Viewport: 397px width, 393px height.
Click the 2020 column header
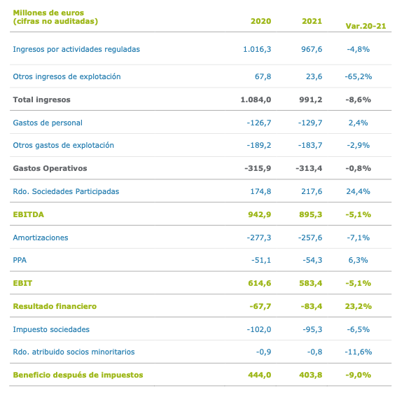coord(260,21)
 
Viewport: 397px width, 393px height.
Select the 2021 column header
coord(312,21)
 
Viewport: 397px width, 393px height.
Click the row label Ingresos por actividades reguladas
coord(76,49)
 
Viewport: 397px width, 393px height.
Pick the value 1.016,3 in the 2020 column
coord(256,49)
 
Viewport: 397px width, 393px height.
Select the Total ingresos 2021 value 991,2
coord(309,99)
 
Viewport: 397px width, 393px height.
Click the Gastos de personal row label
coord(48,123)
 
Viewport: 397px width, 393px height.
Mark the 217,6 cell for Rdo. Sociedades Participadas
coord(309,191)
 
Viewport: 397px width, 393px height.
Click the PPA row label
coord(20,260)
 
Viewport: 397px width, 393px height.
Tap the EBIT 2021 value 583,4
coord(309,283)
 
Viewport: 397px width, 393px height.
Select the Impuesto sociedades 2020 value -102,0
coord(258,329)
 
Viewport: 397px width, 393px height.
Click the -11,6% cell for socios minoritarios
coord(358,352)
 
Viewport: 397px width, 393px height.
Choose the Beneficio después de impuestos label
coord(78,375)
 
